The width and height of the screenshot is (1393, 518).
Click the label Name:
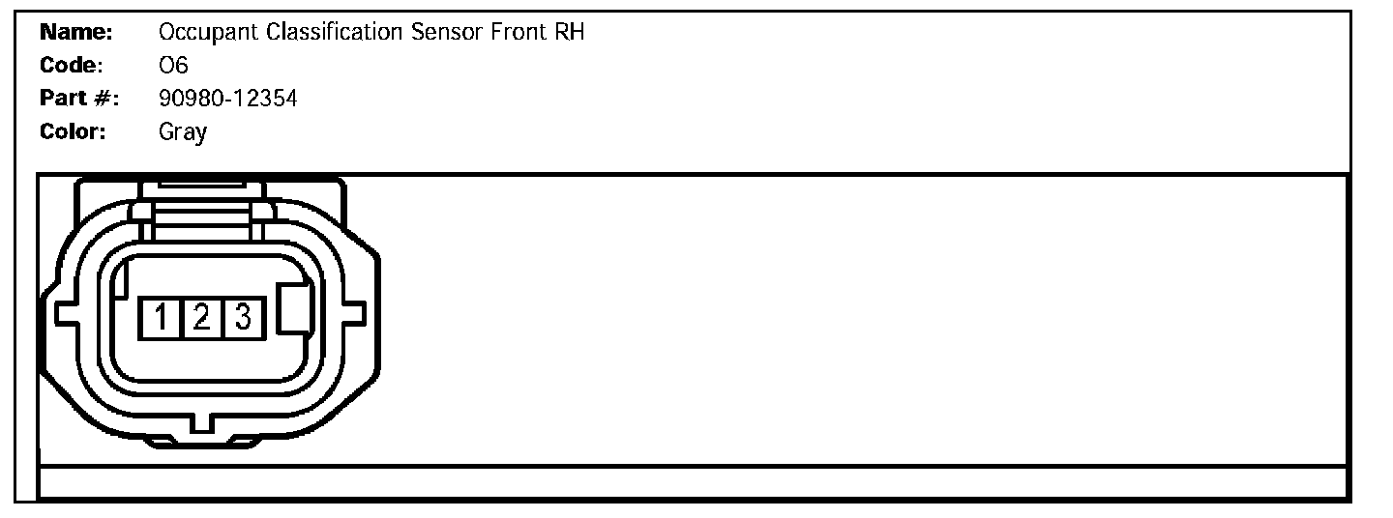point(77,33)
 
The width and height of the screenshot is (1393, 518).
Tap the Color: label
point(73,131)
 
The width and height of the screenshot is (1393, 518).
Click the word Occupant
point(198,34)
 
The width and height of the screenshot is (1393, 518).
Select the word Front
point(518,33)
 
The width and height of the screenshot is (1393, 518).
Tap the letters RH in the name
point(569,33)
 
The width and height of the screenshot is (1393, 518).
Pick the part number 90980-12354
point(227,99)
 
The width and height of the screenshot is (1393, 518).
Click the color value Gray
point(182,132)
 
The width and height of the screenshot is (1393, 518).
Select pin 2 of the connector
point(201,318)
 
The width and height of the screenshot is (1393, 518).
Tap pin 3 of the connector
point(243,318)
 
